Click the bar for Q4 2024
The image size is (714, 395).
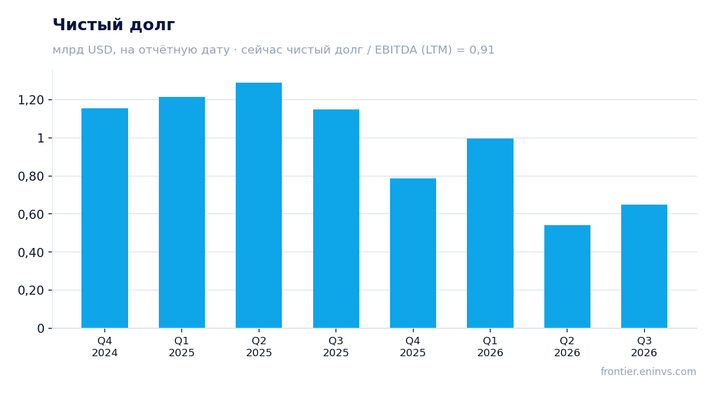click(105, 218)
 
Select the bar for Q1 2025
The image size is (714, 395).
click(182, 212)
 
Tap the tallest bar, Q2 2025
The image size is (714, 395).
click(259, 205)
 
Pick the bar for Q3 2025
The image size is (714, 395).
click(336, 218)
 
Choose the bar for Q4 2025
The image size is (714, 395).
click(413, 253)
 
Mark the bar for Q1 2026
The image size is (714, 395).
click(490, 233)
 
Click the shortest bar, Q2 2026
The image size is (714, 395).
click(567, 276)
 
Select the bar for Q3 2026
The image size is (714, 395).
click(644, 266)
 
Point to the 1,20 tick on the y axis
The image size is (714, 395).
click(31, 100)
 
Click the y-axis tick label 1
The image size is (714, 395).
click(41, 138)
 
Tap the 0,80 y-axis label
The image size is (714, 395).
click(31, 176)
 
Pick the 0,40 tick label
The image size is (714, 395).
click(31, 253)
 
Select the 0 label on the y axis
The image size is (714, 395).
click(41, 328)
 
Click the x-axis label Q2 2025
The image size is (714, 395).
click(259, 347)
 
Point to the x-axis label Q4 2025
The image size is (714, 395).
click(413, 347)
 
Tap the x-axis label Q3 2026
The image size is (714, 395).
click(644, 347)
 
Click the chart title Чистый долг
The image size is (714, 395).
click(114, 25)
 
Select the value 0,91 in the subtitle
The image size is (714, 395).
click(482, 50)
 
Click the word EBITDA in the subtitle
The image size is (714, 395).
click(396, 50)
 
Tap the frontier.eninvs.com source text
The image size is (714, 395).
click(649, 372)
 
